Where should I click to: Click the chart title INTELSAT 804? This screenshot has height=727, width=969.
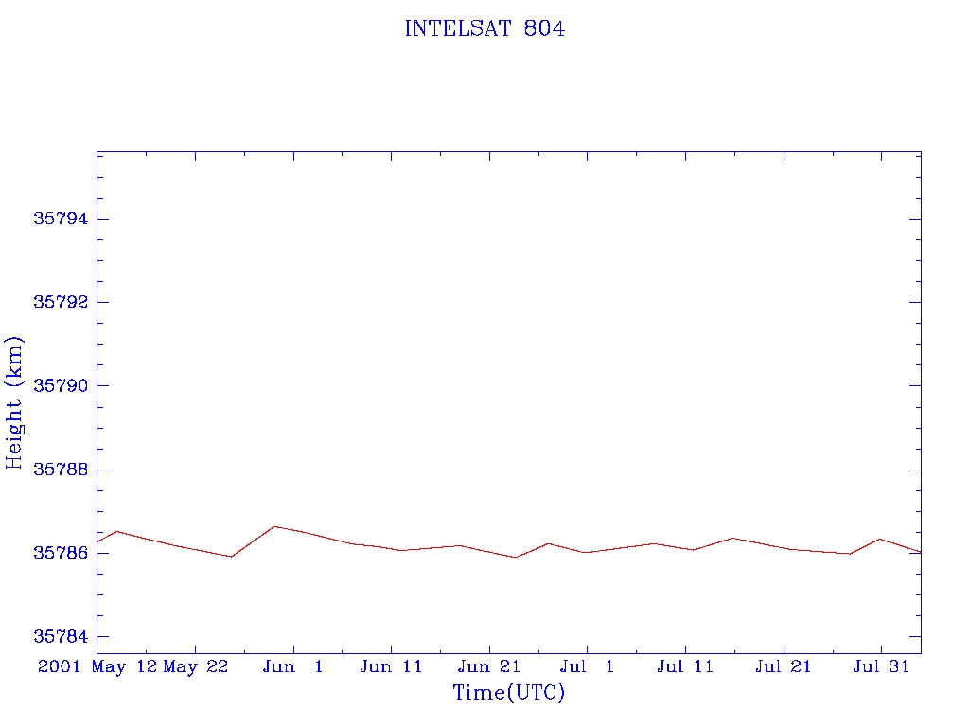pos(484,29)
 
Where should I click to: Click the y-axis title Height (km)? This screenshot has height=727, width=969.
pos(15,402)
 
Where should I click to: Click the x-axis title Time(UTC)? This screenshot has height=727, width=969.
pos(508,693)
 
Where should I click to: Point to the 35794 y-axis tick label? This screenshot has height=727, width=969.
pos(60,219)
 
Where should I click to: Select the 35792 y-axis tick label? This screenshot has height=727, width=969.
pos(60,303)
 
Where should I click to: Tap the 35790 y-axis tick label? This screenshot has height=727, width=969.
pos(60,386)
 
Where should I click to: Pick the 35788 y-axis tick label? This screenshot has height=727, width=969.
pos(60,470)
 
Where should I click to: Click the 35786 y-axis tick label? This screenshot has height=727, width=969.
pos(60,553)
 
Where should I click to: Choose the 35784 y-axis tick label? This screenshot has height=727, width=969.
pos(60,637)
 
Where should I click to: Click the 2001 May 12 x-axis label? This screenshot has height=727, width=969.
pos(97,667)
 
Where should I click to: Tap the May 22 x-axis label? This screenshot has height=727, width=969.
pos(196,667)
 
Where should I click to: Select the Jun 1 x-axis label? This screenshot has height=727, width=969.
pos(293,667)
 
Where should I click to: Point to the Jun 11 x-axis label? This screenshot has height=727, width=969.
pos(392,667)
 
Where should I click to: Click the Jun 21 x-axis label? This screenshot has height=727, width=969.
pos(489,667)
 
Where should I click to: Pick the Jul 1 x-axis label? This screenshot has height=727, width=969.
pos(588,667)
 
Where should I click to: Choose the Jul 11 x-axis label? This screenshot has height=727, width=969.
pos(685,667)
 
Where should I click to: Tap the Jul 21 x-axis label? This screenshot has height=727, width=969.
pos(784,667)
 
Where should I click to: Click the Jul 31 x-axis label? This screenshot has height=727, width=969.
pos(881,667)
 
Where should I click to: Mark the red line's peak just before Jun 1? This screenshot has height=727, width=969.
pos(273,526)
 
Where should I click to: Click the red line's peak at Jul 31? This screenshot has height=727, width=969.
pos(880,539)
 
